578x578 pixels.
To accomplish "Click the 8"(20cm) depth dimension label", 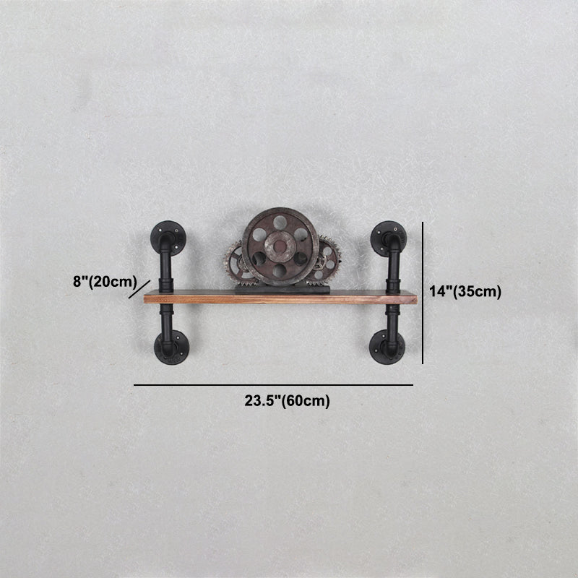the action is click(x=105, y=282).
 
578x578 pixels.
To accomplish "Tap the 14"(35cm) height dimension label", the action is click(x=465, y=292).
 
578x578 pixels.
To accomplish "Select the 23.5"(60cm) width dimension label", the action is click(x=287, y=401).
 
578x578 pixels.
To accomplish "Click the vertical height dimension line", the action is click(x=423, y=293).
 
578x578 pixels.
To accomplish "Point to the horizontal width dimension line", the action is click(x=273, y=385).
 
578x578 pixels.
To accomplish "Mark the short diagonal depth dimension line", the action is click(x=139, y=290).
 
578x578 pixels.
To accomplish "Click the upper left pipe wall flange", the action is click(x=168, y=238).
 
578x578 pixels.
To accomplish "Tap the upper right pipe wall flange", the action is click(x=389, y=238).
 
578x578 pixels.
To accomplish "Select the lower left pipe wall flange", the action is click(x=171, y=348).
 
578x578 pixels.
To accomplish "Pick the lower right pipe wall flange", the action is click(x=387, y=347).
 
